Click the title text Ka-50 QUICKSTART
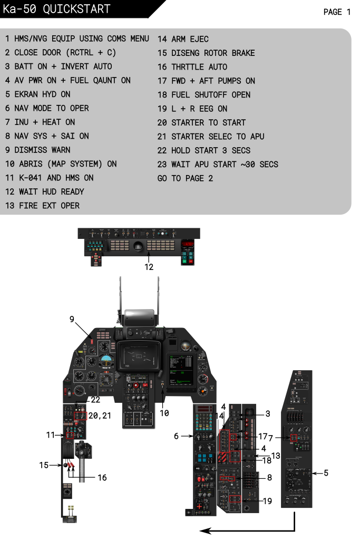[x=56, y=9]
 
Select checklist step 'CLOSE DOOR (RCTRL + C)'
[x=61, y=53]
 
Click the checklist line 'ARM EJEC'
[x=183, y=39]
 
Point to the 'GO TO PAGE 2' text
[x=185, y=178]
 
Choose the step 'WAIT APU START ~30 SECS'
[x=218, y=164]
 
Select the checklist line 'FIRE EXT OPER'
[x=43, y=206]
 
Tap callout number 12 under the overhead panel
[x=149, y=267]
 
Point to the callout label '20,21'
[x=100, y=416]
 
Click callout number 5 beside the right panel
[x=326, y=473]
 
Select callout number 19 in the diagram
[x=267, y=501]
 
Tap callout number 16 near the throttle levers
[x=102, y=477]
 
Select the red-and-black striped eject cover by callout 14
[x=224, y=457]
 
